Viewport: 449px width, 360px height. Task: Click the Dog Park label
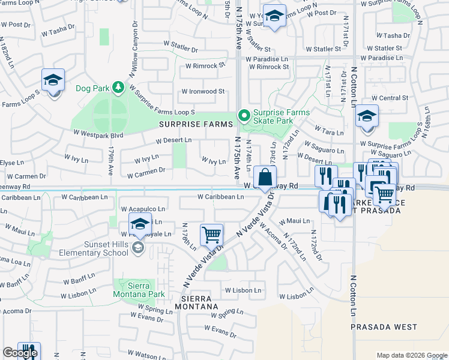[x=92, y=88]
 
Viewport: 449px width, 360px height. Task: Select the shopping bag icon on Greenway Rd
[x=264, y=178]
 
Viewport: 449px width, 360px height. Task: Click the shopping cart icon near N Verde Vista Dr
[x=211, y=235]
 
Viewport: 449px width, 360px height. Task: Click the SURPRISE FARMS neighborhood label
[x=195, y=124]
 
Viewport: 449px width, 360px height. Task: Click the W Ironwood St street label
[x=204, y=92]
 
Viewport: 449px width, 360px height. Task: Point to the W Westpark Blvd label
[x=98, y=135]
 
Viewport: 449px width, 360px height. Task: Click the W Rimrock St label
[x=205, y=65]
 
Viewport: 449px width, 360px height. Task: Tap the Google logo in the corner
[x=20, y=353]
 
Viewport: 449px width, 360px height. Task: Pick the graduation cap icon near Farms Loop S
[x=53, y=80]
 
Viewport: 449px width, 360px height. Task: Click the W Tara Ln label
[x=327, y=131]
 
